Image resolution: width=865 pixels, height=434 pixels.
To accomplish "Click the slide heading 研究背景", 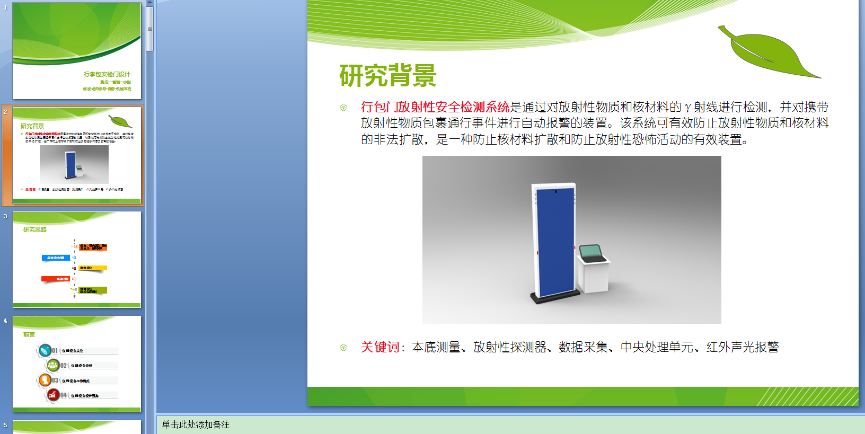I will [387, 75].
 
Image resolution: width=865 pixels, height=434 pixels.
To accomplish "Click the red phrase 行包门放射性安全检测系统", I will [435, 107].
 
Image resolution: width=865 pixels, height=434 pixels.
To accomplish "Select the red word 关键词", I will [380, 347].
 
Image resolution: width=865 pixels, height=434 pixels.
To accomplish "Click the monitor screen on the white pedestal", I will [592, 252].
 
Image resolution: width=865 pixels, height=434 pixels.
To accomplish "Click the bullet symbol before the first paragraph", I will [343, 108].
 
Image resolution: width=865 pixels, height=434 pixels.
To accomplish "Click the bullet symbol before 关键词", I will [343, 348].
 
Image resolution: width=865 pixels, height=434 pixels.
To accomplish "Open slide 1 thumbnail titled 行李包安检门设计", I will [77, 51].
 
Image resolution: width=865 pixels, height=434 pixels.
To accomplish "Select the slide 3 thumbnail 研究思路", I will [77, 260].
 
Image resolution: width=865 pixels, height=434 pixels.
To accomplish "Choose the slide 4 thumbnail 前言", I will [77, 364].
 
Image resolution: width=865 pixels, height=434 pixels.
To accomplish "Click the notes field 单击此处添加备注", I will [196, 424].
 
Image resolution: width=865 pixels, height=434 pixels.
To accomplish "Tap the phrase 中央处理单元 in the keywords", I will [656, 347].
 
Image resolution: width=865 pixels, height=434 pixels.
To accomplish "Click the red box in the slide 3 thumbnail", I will [56, 279].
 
